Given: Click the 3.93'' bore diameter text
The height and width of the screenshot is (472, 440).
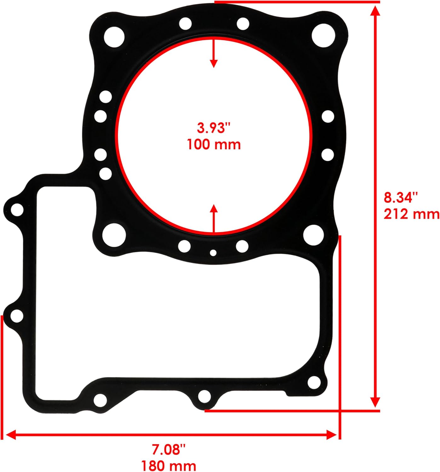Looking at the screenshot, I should tap(214, 128).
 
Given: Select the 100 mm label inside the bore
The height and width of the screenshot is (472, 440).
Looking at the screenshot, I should tap(214, 145).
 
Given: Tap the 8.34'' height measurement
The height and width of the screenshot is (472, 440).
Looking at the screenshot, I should tap(400, 198).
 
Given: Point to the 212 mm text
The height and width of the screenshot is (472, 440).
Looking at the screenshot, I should tap(411, 214).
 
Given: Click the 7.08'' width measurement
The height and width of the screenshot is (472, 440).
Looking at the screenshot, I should tap(169, 450).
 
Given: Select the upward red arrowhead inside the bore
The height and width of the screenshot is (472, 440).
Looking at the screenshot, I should tap(214, 208).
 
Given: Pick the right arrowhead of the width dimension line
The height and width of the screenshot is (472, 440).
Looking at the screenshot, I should tap(332, 435).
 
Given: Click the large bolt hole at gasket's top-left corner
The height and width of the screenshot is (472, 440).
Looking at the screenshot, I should tap(114, 37).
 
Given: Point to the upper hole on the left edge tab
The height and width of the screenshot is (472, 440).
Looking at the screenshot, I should tap(17, 210).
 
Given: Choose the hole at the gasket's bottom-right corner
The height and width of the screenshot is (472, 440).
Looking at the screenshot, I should tap(314, 382).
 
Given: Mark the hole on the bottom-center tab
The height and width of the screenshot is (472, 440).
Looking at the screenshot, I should tap(204, 396).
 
